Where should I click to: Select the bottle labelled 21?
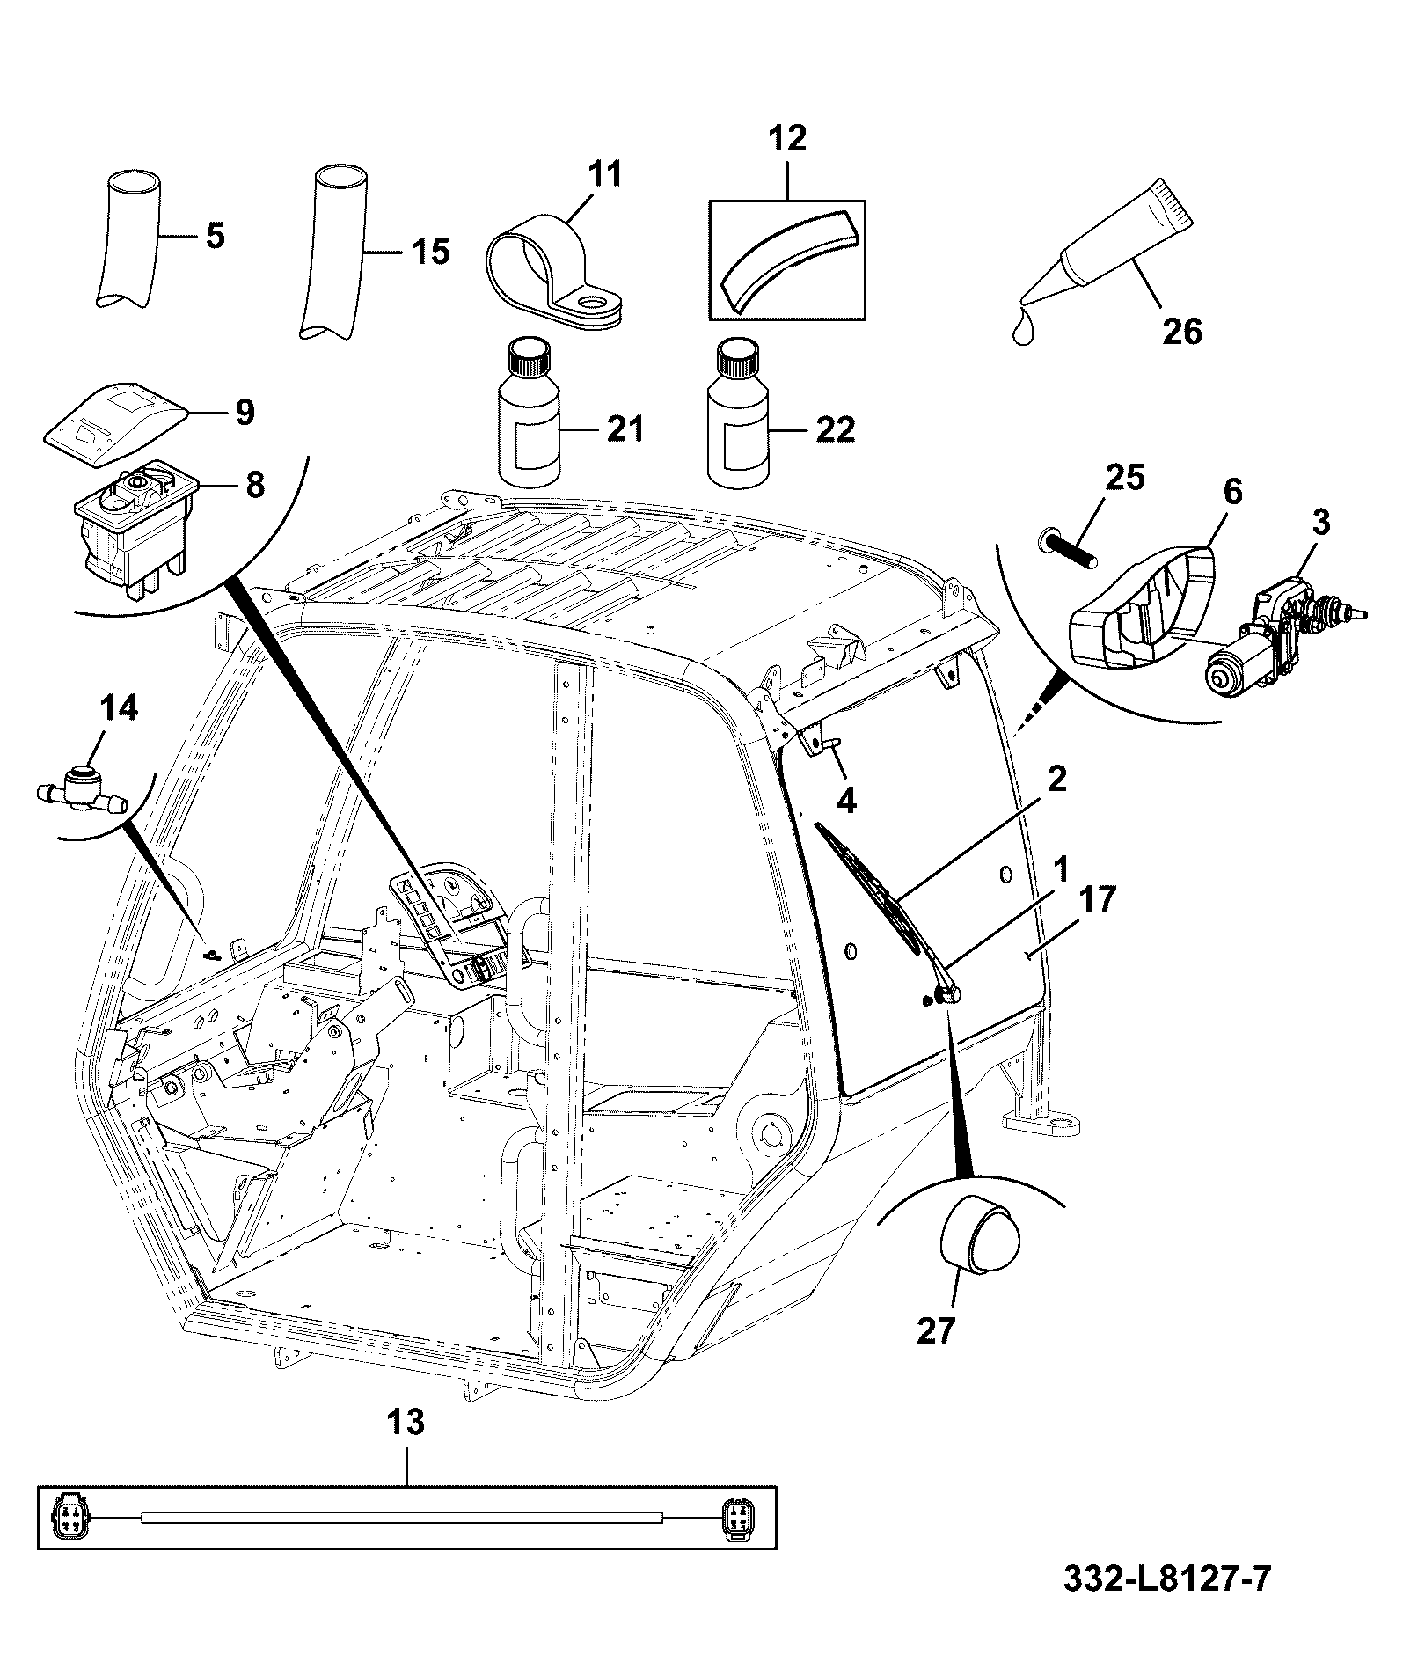(530, 412)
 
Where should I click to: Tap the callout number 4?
(846, 799)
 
